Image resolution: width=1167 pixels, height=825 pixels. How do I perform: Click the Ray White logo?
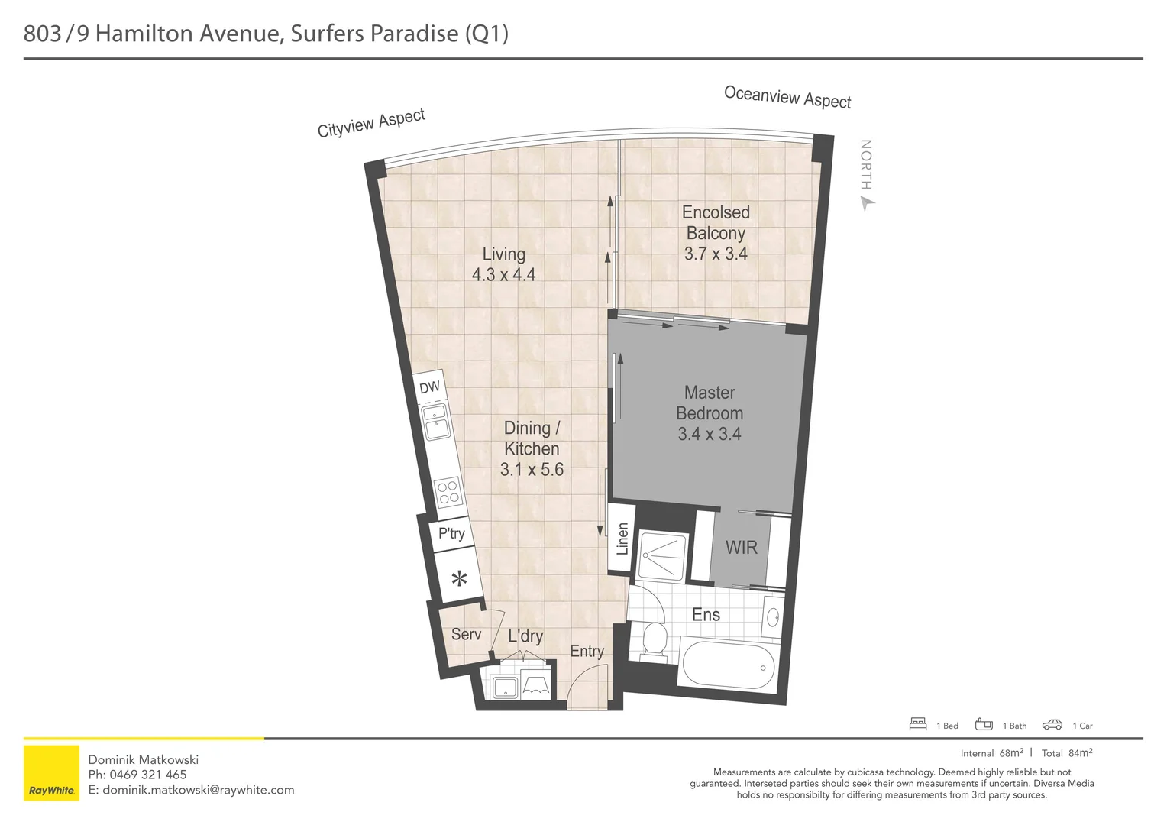pyautogui.click(x=52, y=772)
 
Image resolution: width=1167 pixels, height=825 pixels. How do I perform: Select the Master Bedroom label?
pyautogui.click(x=710, y=403)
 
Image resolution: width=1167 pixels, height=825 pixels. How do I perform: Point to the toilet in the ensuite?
pyautogui.click(x=654, y=639)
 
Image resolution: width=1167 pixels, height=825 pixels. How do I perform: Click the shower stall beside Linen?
pyautogui.click(x=662, y=554)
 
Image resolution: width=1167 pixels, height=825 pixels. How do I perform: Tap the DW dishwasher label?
pyautogui.click(x=429, y=387)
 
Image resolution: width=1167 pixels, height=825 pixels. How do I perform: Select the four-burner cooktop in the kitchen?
pyautogui.click(x=448, y=492)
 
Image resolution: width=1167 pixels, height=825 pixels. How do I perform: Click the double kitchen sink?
pyautogui.click(x=437, y=422)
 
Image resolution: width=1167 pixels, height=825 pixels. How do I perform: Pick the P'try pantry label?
pyautogui.click(x=451, y=533)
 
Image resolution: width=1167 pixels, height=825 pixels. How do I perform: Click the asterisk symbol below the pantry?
pyautogui.click(x=459, y=579)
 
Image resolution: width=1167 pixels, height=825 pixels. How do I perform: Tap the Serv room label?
pyautogui.click(x=466, y=634)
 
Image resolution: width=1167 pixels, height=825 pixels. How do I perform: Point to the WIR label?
pyautogui.click(x=741, y=548)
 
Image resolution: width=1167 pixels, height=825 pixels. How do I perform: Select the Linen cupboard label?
pyautogui.click(x=622, y=539)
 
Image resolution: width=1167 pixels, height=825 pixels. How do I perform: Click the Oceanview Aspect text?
pyautogui.click(x=787, y=97)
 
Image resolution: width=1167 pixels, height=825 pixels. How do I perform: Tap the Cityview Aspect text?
pyautogui.click(x=371, y=123)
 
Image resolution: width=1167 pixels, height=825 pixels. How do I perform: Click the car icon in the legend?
pyautogui.click(x=1052, y=725)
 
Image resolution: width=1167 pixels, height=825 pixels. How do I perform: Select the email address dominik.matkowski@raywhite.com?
pyautogui.click(x=198, y=790)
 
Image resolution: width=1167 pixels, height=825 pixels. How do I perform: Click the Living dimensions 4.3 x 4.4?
pyautogui.click(x=503, y=274)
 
